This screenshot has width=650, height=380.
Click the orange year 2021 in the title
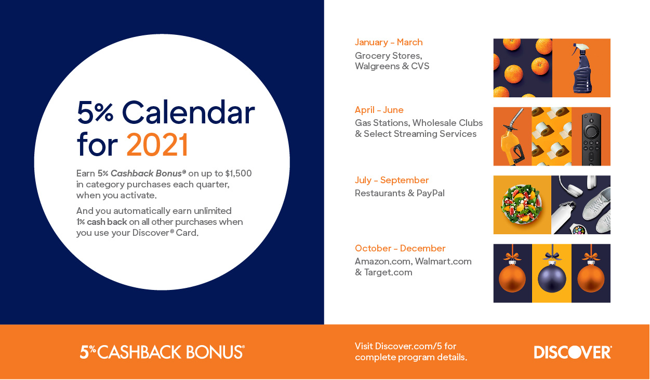point(157,145)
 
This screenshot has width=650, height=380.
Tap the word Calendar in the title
point(188,112)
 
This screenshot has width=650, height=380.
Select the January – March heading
point(389,43)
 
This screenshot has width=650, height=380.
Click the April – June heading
point(379,110)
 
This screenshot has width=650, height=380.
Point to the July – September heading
point(392,180)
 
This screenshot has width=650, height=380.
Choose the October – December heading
point(400,248)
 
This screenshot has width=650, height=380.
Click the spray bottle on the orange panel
point(581,68)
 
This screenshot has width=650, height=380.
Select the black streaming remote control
point(591,139)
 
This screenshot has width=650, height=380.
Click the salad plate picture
point(522,205)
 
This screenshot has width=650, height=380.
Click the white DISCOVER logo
point(573,352)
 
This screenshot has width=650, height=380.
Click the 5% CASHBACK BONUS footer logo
point(162,352)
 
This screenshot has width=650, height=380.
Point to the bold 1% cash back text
point(101,222)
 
